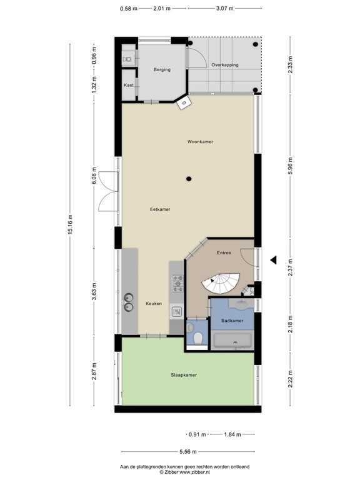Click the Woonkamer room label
pyautogui.click(x=200, y=142)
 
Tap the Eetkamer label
pyautogui.click(x=161, y=209)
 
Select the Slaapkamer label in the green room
pyautogui.click(x=184, y=375)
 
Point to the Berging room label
pyautogui.click(x=162, y=70)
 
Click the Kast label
pyautogui.click(x=128, y=85)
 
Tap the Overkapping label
pyautogui.click(x=224, y=65)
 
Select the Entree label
pyautogui.click(x=224, y=253)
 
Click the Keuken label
pyautogui.click(x=154, y=304)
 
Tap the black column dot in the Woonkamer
pyautogui.click(x=188, y=179)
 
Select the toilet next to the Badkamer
pyautogui.click(x=197, y=338)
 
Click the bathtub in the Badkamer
pyautogui.click(x=232, y=341)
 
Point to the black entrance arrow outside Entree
pyautogui.click(x=272, y=260)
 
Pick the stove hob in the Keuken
pyautogui.click(x=177, y=284)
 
